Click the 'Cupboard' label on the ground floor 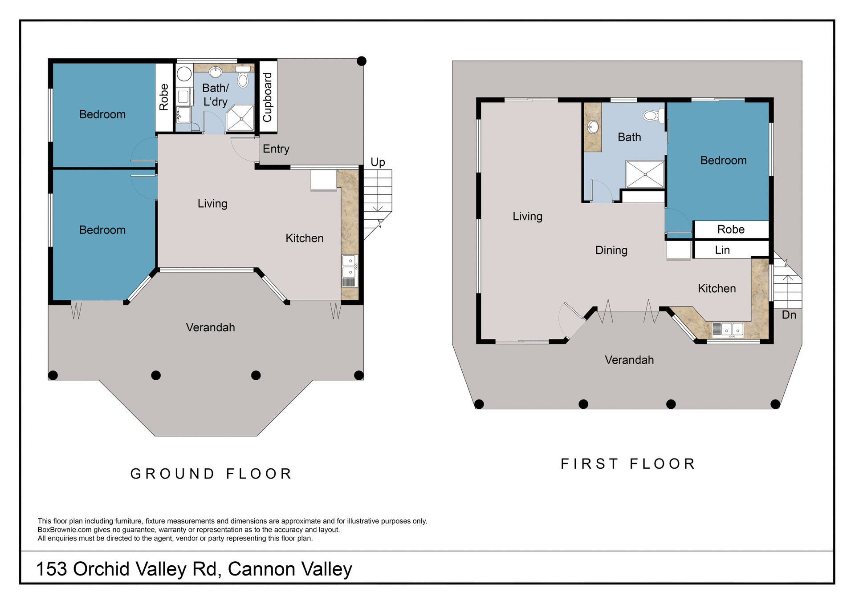click(267, 97)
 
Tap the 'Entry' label click(276, 149)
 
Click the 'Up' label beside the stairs click(378, 162)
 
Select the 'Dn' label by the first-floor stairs click(789, 315)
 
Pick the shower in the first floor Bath click(645, 174)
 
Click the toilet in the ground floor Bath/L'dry click(243, 79)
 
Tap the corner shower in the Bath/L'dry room click(241, 118)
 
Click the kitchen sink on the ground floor click(349, 266)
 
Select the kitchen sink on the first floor click(732, 330)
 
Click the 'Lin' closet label click(722, 250)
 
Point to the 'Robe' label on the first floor click(731, 230)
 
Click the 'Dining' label click(611, 250)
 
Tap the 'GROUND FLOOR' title click(211, 474)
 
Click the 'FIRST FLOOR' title click(628, 464)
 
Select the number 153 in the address click(51, 569)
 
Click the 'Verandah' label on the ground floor click(210, 328)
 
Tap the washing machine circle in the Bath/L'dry click(184, 74)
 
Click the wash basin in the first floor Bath click(593, 127)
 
